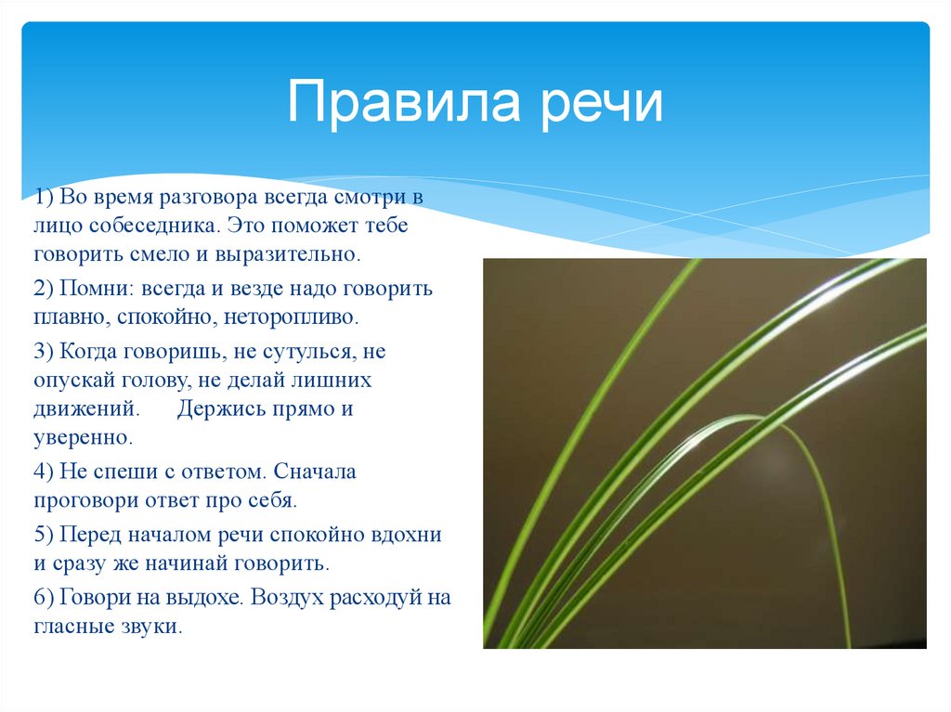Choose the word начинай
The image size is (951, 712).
click(x=194, y=563)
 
